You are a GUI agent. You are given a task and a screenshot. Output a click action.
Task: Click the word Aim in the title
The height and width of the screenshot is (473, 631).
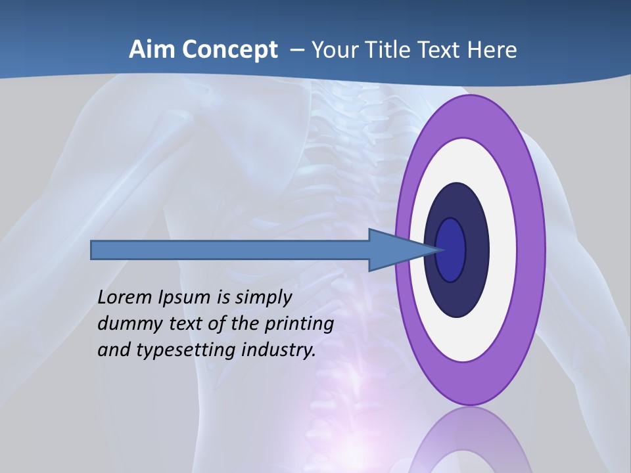151,49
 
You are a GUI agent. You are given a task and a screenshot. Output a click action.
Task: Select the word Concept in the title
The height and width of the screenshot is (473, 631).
229,50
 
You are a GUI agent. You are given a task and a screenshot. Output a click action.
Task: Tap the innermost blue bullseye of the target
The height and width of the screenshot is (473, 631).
452,250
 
